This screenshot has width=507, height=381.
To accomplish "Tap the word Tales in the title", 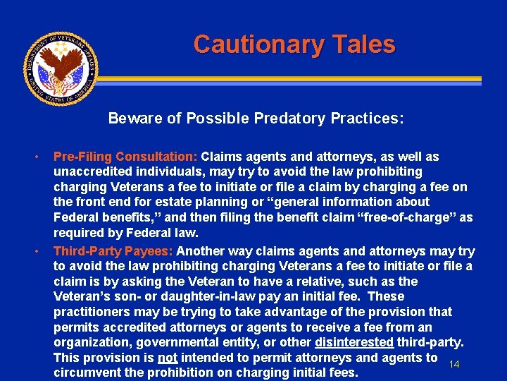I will [363, 44].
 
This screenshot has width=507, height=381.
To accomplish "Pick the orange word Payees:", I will [151, 251].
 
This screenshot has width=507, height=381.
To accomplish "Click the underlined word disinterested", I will [354, 342].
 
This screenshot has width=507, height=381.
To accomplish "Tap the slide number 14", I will [454, 364].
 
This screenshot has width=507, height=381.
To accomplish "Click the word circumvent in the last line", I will [89, 373].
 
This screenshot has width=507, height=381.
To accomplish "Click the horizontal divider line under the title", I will [296, 80].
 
